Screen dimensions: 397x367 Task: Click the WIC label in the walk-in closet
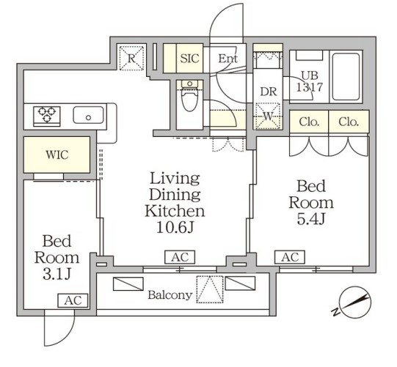[x=57, y=155]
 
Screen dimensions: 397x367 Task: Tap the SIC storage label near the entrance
[x=189, y=59]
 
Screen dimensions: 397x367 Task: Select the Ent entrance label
[x=228, y=59]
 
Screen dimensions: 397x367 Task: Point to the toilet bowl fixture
[x=189, y=96]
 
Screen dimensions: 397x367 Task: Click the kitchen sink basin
[x=88, y=115]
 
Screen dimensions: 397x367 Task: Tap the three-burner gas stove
[x=47, y=116]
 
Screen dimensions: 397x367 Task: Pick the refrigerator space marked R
[x=131, y=58]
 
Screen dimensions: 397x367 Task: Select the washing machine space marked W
[x=268, y=116]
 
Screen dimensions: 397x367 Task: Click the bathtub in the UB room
[x=346, y=77]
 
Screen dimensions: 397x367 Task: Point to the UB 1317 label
[x=310, y=81]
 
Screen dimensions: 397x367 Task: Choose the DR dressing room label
[x=269, y=92]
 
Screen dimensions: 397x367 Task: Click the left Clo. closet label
[x=309, y=122]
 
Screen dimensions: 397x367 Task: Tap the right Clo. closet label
[x=349, y=122]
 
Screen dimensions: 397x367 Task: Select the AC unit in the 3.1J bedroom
[x=73, y=300]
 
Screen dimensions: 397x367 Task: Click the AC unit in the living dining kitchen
[x=180, y=257]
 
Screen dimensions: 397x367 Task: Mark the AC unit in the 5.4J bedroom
[x=290, y=257]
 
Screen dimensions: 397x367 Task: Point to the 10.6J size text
[x=175, y=227]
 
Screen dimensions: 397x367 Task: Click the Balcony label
[x=170, y=295]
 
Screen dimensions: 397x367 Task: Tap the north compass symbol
[x=354, y=302]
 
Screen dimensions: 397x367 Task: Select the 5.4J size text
[x=310, y=219]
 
